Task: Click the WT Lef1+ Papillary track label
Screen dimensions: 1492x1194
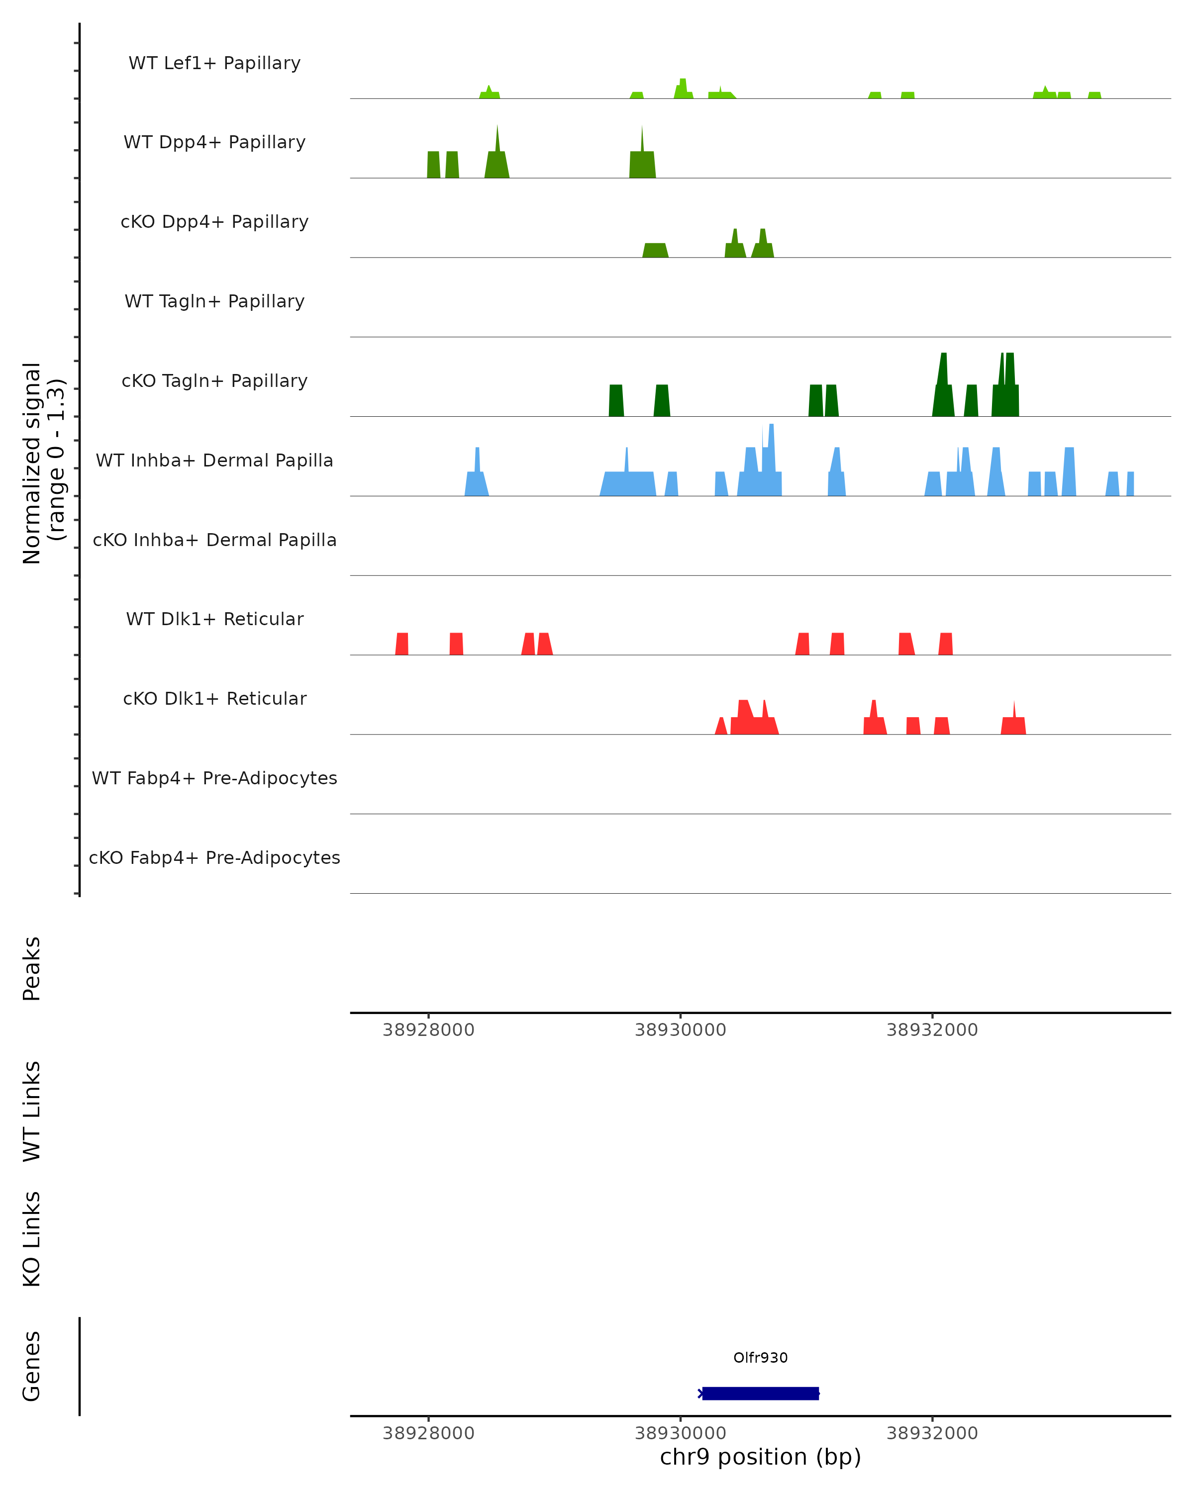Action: coord(214,63)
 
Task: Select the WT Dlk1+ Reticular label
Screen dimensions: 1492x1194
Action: coord(214,619)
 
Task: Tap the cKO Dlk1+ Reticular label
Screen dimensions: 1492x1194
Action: coord(214,698)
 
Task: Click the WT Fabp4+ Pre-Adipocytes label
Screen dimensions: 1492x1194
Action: coord(214,778)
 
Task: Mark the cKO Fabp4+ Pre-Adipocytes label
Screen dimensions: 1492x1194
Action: coord(214,857)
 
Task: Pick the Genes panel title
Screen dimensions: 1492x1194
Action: coord(32,1366)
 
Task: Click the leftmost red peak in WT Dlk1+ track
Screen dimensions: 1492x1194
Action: coord(402,644)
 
